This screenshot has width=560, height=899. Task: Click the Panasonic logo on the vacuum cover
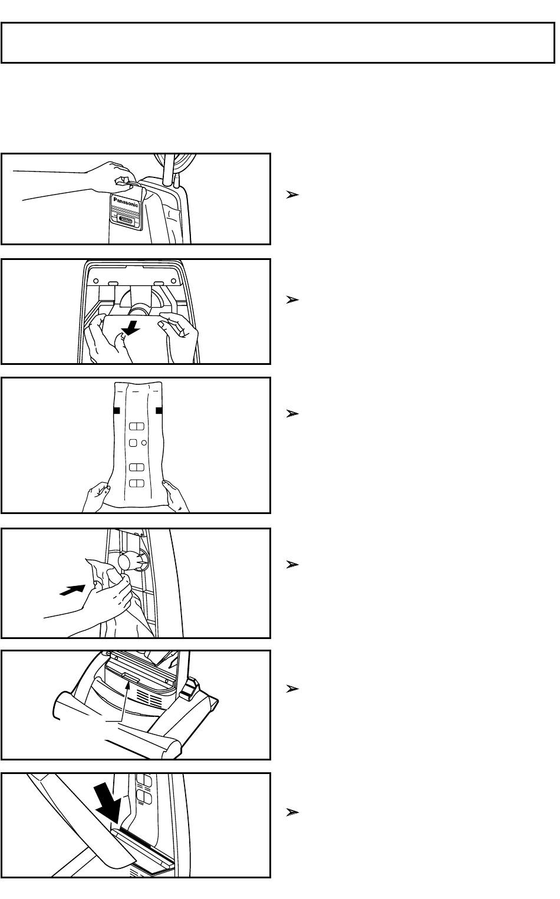[x=126, y=202]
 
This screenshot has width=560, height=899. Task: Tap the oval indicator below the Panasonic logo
[x=126, y=220]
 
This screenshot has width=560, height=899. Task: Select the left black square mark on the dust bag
[x=117, y=410]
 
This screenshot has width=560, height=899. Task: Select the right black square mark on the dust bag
[x=159, y=410]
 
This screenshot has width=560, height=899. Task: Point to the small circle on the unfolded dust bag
[x=144, y=443]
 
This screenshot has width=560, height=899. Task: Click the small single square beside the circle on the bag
[x=133, y=443]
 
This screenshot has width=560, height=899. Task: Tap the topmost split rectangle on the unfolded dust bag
[x=137, y=426]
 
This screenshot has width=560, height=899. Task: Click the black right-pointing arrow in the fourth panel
[x=73, y=590]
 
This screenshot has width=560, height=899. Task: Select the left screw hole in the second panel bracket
[x=96, y=281]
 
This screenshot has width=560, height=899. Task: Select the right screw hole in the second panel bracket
[x=173, y=281]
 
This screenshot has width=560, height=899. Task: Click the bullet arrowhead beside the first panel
[x=292, y=195]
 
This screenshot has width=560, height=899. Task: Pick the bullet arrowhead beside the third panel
[x=292, y=413]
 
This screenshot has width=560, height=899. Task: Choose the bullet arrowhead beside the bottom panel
[x=292, y=812]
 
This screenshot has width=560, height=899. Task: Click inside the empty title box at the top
[x=278, y=43]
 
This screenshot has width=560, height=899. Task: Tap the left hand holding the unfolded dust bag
[x=96, y=497]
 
